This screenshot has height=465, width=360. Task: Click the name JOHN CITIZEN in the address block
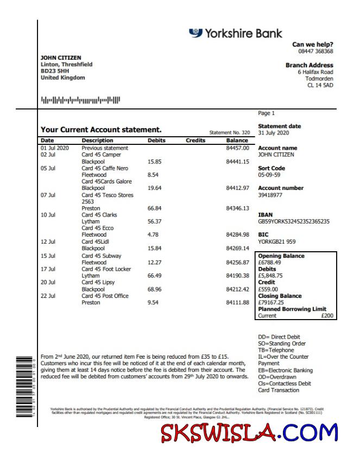coord(61,58)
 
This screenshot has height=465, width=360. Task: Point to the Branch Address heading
coord(309,65)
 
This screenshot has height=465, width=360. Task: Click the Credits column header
coord(195,141)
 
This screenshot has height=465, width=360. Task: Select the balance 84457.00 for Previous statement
coord(237,148)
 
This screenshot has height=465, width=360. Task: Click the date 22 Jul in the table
coord(48,296)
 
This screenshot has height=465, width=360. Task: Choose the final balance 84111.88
coord(237,303)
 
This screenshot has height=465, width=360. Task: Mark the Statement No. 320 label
coord(230,132)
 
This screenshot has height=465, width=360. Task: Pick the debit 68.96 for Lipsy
coord(155,289)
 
